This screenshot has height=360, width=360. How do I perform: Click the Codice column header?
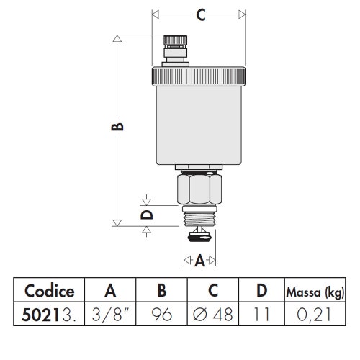tap(50, 292)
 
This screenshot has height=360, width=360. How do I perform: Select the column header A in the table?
tap(110, 292)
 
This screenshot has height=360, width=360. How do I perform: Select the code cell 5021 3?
tap(50, 314)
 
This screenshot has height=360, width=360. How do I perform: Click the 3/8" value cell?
tap(110, 314)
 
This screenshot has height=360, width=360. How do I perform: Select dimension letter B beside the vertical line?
tap(120, 127)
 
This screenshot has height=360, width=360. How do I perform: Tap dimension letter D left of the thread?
tap(146, 215)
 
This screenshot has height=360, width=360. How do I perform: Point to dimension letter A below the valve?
tap(199, 261)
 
